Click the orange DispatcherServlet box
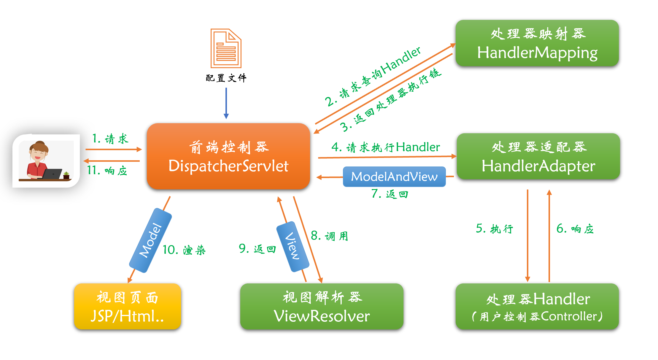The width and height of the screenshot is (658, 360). [228, 156]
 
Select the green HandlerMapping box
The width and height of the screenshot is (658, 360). [537, 43]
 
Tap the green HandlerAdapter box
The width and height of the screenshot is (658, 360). [538, 156]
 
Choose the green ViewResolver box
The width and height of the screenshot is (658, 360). [322, 306]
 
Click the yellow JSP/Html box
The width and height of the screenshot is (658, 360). [127, 306]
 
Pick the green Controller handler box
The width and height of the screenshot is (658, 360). [537, 306]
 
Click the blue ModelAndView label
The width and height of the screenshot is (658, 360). [394, 177]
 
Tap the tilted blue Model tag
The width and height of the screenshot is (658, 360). [150, 240]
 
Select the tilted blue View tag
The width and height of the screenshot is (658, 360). [293, 246]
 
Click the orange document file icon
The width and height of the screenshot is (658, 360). [226, 48]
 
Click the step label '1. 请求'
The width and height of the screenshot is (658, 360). [110, 139]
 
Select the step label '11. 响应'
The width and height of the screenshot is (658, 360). [107, 171]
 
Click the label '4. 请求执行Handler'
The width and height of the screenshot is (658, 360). [386, 147]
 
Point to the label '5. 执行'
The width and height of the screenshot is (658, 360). [494, 229]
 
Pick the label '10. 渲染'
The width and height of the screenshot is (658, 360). [184, 250]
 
